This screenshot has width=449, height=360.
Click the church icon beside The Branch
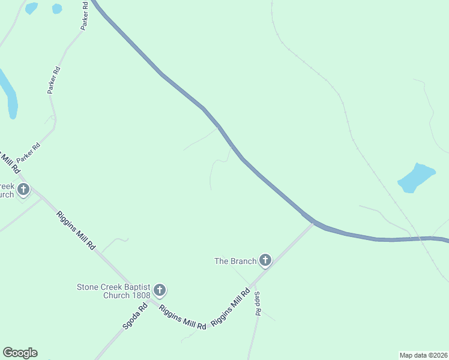coord(265,260)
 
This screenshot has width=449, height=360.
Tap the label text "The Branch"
coord(236,261)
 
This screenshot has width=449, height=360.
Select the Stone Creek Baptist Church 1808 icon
coord(160,290)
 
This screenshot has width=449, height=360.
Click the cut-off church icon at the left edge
coord(23,190)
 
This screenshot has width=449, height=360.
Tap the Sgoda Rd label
coord(135,317)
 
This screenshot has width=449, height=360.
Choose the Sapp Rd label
coord(257,304)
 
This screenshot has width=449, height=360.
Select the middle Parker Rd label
coord(54,79)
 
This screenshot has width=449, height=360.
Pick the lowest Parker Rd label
coord(28,152)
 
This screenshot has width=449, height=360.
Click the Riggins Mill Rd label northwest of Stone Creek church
coord(76,230)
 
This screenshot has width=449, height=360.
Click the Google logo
coord(20,353)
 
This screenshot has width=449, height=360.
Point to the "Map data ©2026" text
coord(423,355)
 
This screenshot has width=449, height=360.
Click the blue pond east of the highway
coord(415,177)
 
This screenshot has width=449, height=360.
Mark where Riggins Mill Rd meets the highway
coord(313,223)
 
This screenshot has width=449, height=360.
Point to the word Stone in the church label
coord(88,287)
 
